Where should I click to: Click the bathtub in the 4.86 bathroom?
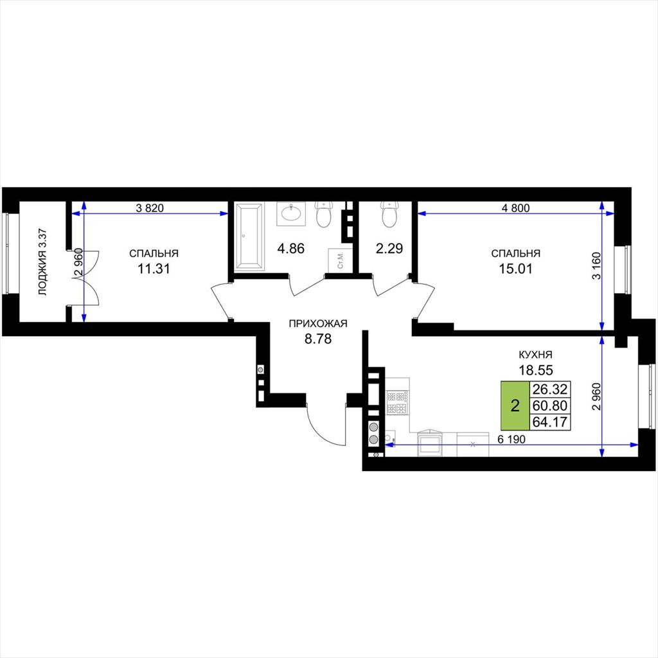tap(249, 236)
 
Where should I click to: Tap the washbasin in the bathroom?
tap(292, 213)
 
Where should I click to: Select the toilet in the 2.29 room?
tap(389, 215)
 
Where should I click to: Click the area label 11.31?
tap(154, 269)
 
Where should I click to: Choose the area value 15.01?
tap(515, 269)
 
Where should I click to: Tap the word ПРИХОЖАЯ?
tap(318, 324)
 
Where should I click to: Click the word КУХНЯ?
tap(535, 355)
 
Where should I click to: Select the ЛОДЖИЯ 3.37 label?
tap(43, 262)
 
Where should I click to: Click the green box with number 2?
tap(515, 405)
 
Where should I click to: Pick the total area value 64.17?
tap(549, 422)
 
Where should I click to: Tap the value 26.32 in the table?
tap(549, 389)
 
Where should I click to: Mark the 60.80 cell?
tap(549, 405)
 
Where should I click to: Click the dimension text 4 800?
tap(516, 208)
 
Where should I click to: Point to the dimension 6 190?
tap(511, 440)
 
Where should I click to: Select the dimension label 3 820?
tap(149, 208)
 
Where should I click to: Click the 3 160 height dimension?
tap(597, 265)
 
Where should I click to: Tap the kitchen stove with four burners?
tap(396, 402)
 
